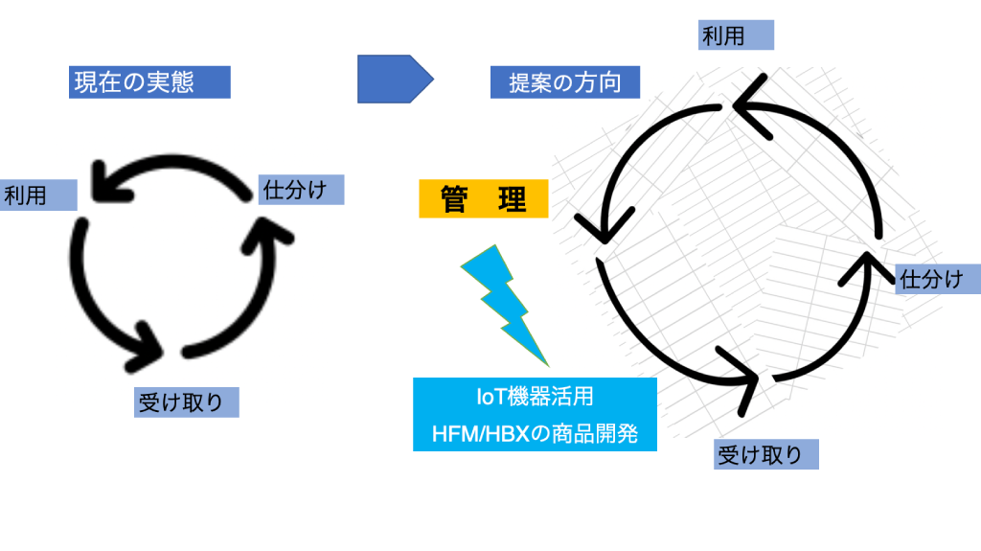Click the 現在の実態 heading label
[149, 81]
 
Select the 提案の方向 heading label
[564, 82]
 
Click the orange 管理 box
[484, 199]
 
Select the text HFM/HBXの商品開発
[535, 433]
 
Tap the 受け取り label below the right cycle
[767, 454]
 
